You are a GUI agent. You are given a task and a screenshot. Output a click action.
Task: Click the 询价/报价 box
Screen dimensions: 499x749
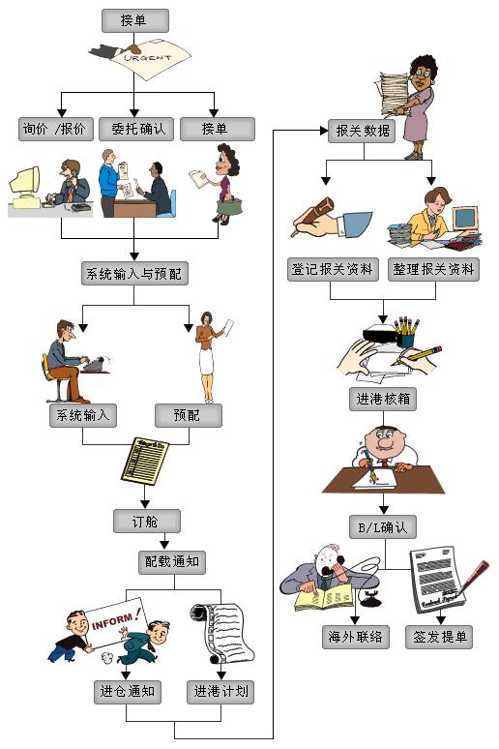[x=56, y=129]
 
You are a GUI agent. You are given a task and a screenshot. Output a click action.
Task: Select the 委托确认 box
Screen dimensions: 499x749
[x=137, y=129]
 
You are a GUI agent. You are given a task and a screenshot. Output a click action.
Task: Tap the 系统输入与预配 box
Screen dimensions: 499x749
[x=134, y=273]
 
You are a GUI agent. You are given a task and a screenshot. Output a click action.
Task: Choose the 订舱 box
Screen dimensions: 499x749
[x=147, y=521]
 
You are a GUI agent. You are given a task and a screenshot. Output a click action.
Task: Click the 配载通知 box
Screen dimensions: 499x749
[x=172, y=561]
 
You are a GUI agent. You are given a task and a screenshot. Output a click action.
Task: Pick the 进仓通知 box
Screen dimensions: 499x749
[x=127, y=692]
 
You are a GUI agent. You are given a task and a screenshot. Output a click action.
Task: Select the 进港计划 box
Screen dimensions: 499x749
[x=220, y=692]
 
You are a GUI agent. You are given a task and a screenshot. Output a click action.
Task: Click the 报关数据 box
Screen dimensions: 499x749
[x=362, y=131]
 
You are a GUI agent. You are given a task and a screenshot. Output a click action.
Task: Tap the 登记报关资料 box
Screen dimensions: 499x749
[x=333, y=269]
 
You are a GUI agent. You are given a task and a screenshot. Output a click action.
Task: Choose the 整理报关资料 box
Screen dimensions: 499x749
[x=433, y=269]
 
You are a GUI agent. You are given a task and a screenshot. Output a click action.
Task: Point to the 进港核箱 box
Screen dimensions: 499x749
[x=383, y=399]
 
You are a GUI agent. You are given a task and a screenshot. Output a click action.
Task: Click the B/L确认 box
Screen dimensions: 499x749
[x=383, y=526]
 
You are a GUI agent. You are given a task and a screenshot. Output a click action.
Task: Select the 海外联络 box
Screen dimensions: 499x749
[x=355, y=637]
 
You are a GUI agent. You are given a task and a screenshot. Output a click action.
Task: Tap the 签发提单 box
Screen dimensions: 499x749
[x=439, y=637]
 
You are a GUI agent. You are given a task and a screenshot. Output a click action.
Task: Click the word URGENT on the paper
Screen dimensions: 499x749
[x=147, y=58]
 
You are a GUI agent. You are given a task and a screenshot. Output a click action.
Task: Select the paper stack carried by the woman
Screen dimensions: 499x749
[x=395, y=93]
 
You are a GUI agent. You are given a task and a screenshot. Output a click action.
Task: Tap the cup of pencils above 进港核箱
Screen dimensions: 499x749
[x=406, y=332]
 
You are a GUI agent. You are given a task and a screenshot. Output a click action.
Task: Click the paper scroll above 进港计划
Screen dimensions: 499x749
[x=222, y=633]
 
